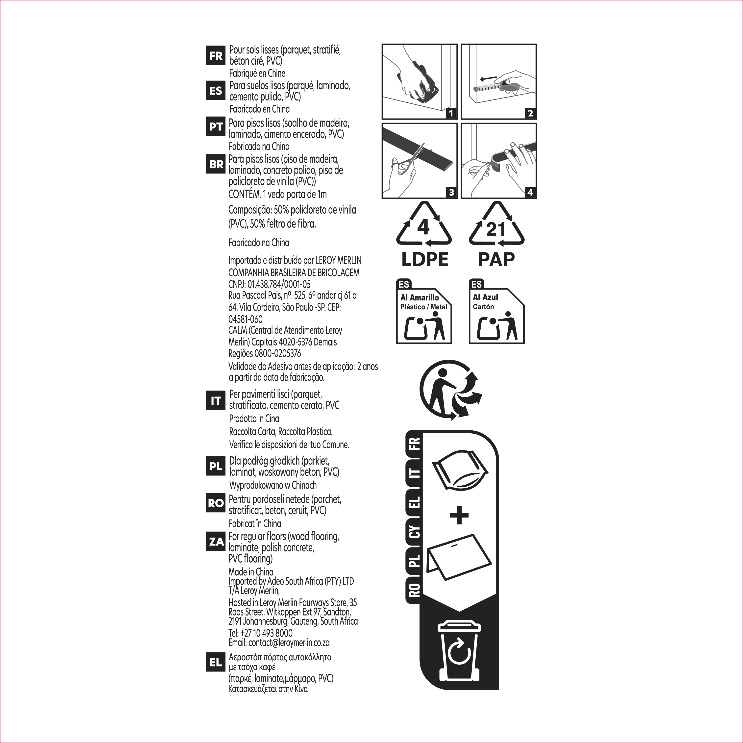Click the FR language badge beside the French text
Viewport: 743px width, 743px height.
[216, 55]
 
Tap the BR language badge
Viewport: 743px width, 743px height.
[216, 164]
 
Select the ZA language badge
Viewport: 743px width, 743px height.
[216, 542]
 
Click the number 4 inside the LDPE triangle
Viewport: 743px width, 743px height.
[423, 227]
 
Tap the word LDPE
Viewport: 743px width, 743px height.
[424, 259]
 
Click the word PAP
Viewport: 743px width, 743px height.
[496, 259]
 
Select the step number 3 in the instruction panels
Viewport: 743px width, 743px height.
[451, 192]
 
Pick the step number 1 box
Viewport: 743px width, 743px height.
[451, 113]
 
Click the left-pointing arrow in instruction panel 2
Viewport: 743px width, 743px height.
[488, 78]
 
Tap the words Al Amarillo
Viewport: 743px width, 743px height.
[420, 298]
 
